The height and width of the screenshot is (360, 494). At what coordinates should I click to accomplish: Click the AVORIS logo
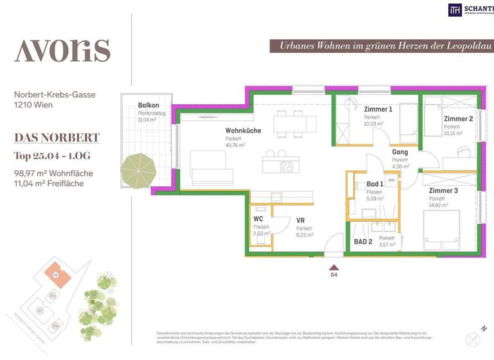(62, 50)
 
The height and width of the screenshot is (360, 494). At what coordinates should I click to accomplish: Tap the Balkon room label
(148, 105)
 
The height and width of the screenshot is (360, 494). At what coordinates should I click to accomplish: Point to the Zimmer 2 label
(458, 119)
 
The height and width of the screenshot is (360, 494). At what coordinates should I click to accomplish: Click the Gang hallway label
(400, 152)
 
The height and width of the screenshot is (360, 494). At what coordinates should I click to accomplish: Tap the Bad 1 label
(375, 184)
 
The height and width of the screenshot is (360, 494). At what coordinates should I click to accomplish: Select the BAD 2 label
(363, 242)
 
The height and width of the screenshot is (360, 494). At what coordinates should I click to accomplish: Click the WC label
(259, 219)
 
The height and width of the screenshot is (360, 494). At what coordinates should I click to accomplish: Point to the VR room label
(300, 221)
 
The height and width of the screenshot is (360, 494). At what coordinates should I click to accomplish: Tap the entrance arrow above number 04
(333, 265)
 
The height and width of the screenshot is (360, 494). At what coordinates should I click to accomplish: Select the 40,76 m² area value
(235, 145)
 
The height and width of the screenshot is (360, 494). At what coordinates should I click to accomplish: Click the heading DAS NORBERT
(57, 138)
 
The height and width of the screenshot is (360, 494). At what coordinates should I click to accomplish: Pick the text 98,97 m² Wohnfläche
(53, 173)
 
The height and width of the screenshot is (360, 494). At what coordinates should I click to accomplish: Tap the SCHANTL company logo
(470, 9)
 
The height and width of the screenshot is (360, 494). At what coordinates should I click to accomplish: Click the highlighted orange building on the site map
(56, 274)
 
